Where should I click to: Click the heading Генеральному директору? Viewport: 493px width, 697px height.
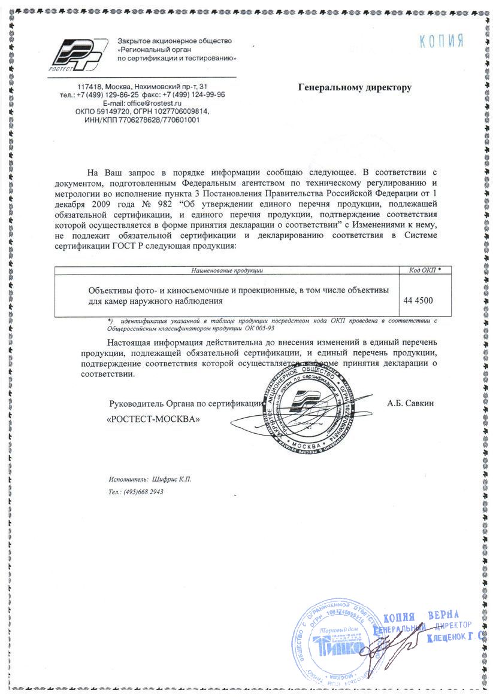point(355,88)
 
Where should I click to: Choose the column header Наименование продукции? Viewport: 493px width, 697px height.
point(227,271)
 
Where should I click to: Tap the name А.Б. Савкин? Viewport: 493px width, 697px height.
point(410,403)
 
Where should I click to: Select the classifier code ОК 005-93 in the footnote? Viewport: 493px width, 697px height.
point(259,328)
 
